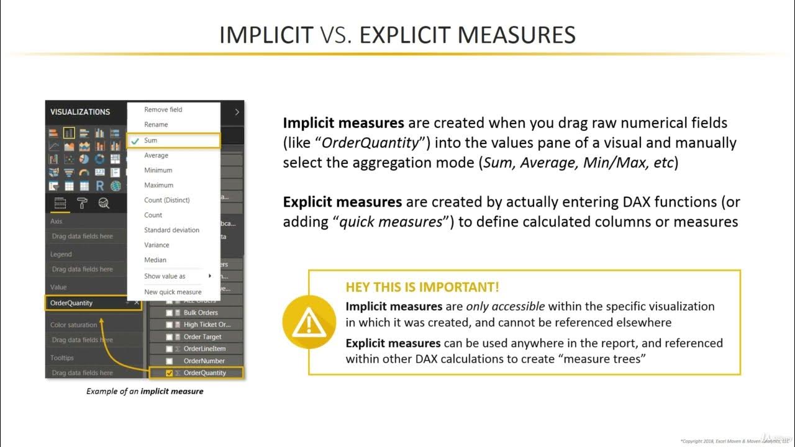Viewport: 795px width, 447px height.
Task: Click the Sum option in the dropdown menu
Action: click(151, 140)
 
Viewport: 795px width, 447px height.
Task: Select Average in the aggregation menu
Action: click(156, 155)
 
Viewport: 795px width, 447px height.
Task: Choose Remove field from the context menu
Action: click(163, 110)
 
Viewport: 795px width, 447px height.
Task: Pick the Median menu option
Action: click(155, 260)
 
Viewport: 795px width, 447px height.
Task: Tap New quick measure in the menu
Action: click(173, 292)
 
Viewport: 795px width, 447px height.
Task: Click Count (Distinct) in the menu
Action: click(167, 200)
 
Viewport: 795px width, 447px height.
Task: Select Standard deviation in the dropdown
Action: click(172, 230)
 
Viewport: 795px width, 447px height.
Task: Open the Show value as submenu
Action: click(165, 276)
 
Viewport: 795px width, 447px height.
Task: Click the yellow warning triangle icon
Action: click(309, 322)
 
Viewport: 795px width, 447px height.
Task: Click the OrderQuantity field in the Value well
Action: click(72, 303)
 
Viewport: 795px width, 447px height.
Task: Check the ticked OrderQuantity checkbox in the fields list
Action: click(170, 373)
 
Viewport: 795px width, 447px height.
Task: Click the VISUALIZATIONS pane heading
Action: click(80, 112)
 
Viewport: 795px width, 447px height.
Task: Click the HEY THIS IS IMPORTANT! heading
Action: click(422, 287)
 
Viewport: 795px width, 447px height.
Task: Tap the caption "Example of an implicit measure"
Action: click(145, 391)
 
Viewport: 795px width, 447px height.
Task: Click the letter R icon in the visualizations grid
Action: click(100, 186)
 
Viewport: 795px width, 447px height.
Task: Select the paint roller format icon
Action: click(82, 203)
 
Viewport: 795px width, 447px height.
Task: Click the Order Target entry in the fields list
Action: click(202, 336)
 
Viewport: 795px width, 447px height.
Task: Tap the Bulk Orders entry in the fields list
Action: click(201, 312)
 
